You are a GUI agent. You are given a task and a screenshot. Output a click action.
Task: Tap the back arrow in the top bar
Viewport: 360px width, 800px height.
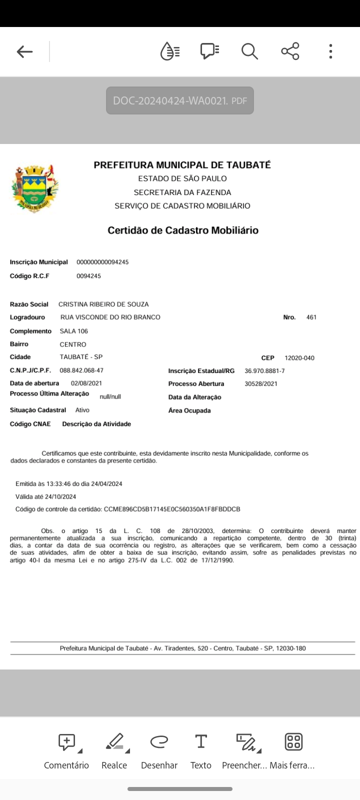24,51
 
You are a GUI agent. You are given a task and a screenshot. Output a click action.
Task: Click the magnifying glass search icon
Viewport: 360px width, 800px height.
249,51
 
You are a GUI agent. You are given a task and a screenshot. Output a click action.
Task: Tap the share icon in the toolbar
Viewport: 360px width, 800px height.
290,51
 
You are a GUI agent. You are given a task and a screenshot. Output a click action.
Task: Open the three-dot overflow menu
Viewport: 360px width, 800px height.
330,51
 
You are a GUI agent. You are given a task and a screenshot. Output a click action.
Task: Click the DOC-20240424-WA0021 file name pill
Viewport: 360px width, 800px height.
180,100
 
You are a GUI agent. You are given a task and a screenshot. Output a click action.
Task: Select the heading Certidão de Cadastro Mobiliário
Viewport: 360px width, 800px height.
183,230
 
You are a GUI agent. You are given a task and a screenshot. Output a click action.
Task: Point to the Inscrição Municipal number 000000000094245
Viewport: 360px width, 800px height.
102,262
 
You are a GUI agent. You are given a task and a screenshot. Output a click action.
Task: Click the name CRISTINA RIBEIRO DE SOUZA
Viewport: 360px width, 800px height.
103,304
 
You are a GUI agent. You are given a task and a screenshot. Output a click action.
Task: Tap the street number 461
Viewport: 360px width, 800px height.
311,317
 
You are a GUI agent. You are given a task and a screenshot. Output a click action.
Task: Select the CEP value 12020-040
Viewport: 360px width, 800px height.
299,358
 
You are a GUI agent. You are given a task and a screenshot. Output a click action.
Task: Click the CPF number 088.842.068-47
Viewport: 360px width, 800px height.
81,370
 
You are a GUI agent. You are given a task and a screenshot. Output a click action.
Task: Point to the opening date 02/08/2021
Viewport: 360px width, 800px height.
86,383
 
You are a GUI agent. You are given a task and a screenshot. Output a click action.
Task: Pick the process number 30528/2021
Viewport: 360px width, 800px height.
261,384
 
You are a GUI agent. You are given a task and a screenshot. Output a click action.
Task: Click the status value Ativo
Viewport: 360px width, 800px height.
82,410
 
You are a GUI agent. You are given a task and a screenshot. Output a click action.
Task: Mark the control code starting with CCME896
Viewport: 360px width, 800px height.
172,509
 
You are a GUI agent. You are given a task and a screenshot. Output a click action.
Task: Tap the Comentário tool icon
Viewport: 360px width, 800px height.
66,742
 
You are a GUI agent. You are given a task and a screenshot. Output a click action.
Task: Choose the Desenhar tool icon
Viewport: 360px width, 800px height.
159,742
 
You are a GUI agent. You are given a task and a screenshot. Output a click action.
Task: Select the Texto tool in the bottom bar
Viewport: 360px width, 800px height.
201,742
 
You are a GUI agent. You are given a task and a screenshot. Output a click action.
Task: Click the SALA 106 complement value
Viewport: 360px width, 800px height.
74,331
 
